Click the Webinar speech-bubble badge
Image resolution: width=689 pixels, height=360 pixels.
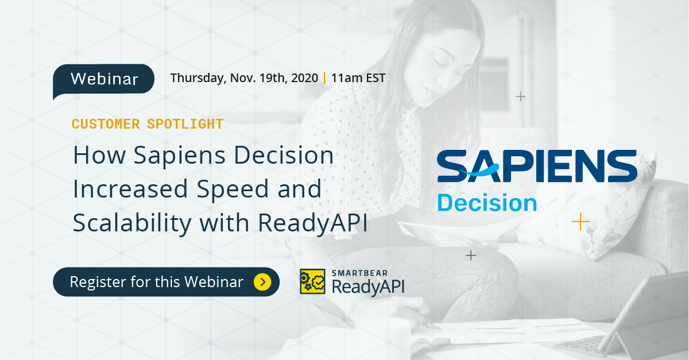pos(104,79)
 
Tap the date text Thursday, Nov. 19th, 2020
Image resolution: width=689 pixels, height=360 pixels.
pos(244,78)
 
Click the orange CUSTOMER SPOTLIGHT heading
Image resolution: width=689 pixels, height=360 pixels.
pos(148,123)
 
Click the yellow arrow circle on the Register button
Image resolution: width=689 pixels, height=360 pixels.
pos(262,282)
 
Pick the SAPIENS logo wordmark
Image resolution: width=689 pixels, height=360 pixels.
pos(537,167)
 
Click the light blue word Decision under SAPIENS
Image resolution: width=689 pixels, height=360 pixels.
pos(487,203)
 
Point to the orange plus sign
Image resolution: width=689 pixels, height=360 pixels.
pos(580,221)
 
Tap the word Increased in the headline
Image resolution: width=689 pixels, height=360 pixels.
pos(129,189)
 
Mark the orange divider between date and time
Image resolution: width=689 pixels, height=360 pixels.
pos(325,78)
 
